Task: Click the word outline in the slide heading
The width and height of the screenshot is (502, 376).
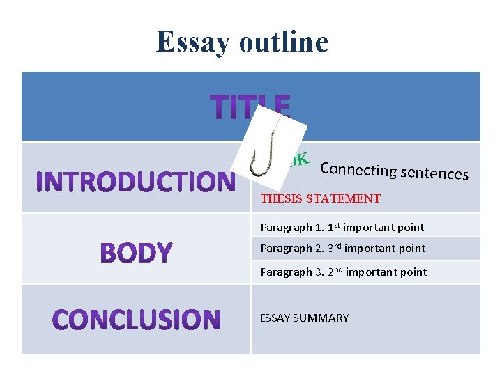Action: pyautogui.click(x=283, y=41)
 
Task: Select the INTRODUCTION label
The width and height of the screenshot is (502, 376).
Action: pyautogui.click(x=135, y=182)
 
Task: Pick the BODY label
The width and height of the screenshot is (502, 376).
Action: pyautogui.click(x=136, y=253)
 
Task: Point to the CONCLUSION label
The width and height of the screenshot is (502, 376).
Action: pyautogui.click(x=137, y=320)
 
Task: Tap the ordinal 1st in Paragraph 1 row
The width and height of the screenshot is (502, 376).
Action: pyautogui.click(x=334, y=226)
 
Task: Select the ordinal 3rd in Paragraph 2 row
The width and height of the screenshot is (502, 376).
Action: pyautogui.click(x=335, y=248)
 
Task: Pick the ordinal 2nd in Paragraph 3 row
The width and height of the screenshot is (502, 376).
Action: pyautogui.click(x=335, y=271)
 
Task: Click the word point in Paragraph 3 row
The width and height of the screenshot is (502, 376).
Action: pyautogui.click(x=412, y=272)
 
